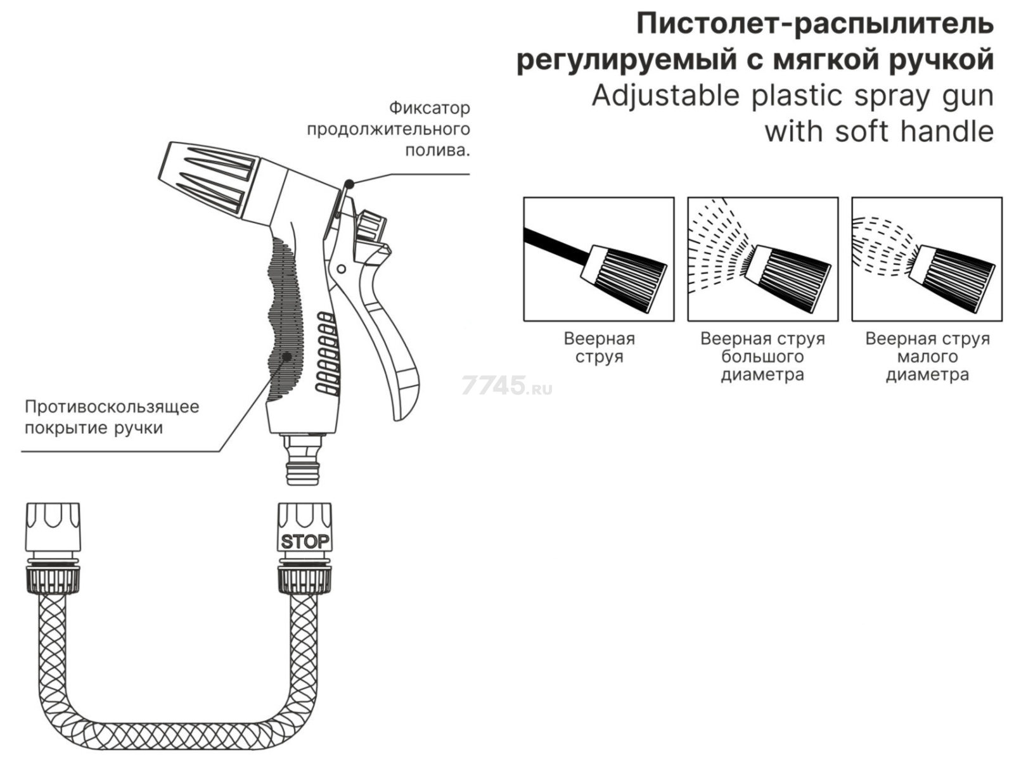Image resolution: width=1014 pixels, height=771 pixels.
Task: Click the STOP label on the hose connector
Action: coord(305,542)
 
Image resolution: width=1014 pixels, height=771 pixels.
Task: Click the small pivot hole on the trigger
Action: coord(341,269)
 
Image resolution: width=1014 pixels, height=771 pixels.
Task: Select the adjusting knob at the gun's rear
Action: coord(371,226)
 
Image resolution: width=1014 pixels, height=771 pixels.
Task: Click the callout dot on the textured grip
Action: coord(287,357)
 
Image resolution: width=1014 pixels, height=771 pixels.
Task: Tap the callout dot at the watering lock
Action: coord(349,184)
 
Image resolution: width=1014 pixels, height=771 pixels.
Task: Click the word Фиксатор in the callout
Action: coord(429,108)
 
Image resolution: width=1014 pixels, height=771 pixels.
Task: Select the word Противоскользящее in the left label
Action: coord(112,406)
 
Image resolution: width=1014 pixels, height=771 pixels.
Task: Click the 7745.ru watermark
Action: coord(507,385)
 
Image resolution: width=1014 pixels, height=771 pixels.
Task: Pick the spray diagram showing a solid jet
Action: coord(598,258)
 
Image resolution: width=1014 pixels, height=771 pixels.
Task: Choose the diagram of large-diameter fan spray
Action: coord(762,258)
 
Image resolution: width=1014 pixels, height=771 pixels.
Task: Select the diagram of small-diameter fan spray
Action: coord(926,258)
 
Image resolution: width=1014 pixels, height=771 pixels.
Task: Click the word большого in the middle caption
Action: coord(762,356)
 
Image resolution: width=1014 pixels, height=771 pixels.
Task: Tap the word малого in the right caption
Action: coord(927,356)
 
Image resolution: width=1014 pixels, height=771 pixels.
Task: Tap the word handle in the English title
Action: coord(947,132)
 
